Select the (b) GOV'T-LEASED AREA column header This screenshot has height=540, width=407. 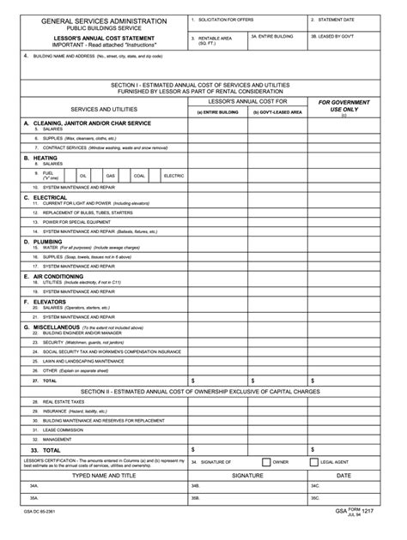tap(276, 112)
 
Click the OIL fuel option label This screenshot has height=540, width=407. tap(83, 176)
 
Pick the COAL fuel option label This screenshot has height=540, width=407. tap(139, 176)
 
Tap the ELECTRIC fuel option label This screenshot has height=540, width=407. tap(173, 176)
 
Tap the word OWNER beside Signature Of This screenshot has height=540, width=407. tap(280, 462)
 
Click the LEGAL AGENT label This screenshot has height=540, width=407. tap(334, 462)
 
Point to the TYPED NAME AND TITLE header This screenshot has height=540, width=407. tap(103, 474)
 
